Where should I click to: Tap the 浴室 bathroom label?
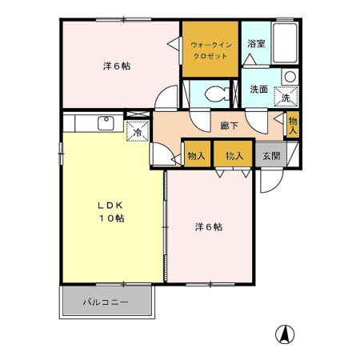coord(256,45)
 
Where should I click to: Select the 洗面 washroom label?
coord(258,90)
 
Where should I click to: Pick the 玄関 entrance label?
coord(270,156)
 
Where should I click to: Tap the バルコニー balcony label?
coord(106,303)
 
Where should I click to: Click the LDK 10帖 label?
coord(110,210)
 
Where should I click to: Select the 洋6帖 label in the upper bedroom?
coord(116,66)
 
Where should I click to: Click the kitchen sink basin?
coord(105,122)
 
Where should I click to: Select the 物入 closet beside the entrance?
coord(234,155)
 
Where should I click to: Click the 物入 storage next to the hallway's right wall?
coord(293,125)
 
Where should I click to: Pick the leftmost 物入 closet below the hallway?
coord(195,155)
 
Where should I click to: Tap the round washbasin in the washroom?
coord(290,78)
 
